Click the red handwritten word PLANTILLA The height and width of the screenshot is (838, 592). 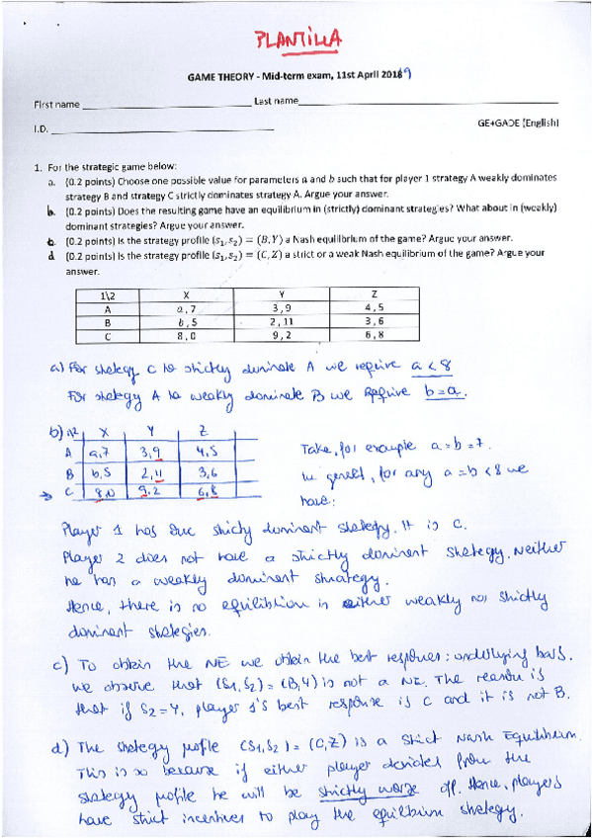click(x=297, y=39)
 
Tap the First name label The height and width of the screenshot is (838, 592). click(x=56, y=104)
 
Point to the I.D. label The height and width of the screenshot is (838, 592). click(x=42, y=127)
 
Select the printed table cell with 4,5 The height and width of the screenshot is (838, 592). click(x=373, y=308)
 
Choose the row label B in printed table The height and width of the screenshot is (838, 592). click(x=106, y=322)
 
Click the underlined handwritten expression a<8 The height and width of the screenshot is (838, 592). click(x=430, y=367)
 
